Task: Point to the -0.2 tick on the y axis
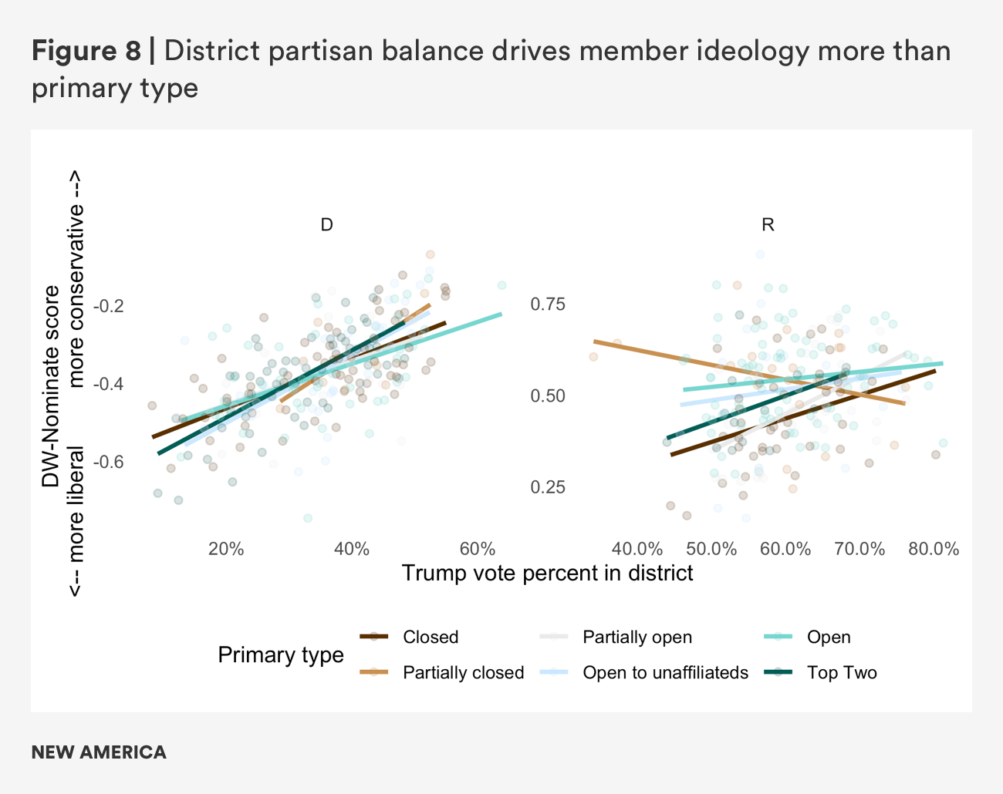[108, 306]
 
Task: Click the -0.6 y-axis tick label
[108, 461]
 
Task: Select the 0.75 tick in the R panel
[548, 304]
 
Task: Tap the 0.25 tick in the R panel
[548, 487]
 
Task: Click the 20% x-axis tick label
[226, 549]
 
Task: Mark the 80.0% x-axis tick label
[934, 549]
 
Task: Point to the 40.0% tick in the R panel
[637, 549]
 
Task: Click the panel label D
[326, 225]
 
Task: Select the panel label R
[768, 225]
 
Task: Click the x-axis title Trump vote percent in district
[547, 573]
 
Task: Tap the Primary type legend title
[281, 654]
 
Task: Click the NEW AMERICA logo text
[99, 752]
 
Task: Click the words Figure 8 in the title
[86, 51]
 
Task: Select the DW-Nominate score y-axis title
[51, 385]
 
